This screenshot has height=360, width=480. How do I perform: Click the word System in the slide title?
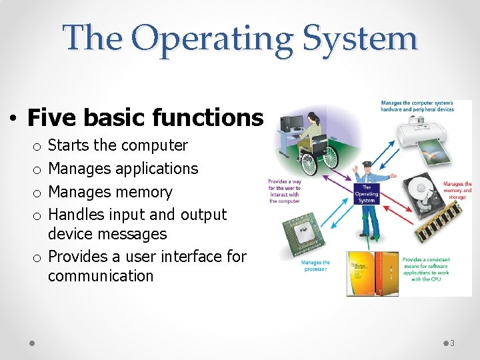(x=359, y=37)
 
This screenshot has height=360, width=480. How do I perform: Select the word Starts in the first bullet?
(x=71, y=145)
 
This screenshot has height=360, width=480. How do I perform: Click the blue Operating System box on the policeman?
(x=366, y=194)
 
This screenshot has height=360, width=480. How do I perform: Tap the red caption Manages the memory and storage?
(x=457, y=191)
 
